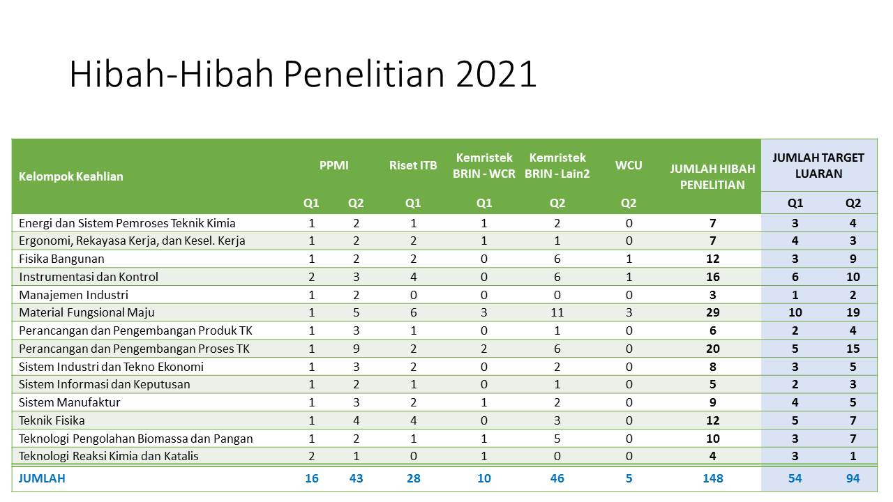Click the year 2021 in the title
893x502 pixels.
[496, 74]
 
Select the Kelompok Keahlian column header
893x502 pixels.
[71, 176]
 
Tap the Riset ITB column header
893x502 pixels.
[413, 165]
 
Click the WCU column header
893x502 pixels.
[629, 165]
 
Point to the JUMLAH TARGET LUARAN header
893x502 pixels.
[818, 166]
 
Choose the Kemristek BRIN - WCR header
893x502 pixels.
[484, 166]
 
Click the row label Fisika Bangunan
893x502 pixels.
[61, 259]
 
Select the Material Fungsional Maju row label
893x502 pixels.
[87, 313]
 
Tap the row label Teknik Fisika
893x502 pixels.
[52, 420]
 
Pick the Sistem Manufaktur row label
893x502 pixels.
[69, 402]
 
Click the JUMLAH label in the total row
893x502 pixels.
[42, 478]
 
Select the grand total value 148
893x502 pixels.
[713, 478]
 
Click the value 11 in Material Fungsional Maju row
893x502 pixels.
[557, 313]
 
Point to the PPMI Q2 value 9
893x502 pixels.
[356, 349]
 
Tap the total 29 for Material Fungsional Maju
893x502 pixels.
[713, 313]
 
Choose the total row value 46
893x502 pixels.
[557, 478]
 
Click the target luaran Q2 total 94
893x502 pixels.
[853, 478]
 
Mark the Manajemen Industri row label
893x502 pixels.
[73, 295]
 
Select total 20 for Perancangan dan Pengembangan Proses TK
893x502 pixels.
[713, 349]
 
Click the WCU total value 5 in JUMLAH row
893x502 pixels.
[629, 478]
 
